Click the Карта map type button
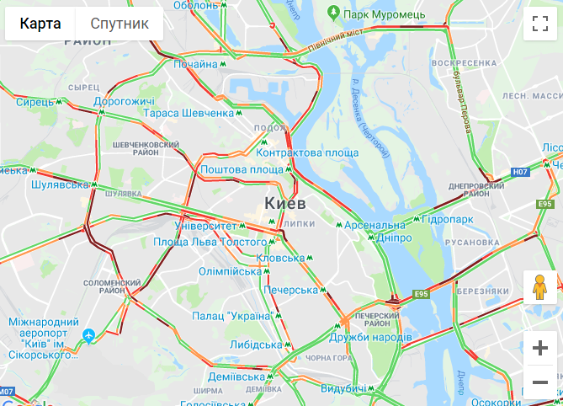pyautogui.click(x=40, y=24)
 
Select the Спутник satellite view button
pyautogui.click(x=120, y=24)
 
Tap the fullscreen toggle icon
pyautogui.click(x=539, y=24)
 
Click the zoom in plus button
pyautogui.click(x=539, y=348)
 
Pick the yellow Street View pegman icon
pyautogui.click(x=539, y=288)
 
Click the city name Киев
pyautogui.click(x=284, y=204)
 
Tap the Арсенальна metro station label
pyautogui.click(x=374, y=225)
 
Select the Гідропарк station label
pyautogui.click(x=448, y=219)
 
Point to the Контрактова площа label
pyautogui.click(x=307, y=152)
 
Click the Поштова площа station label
pyautogui.click(x=242, y=169)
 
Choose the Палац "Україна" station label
pyautogui.click(x=232, y=316)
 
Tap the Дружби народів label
pyautogui.click(x=371, y=337)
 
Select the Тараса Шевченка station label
pyautogui.click(x=189, y=113)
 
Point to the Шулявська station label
pyautogui.click(x=59, y=184)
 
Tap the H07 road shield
pyautogui.click(x=520, y=172)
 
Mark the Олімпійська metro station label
pyautogui.click(x=231, y=271)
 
